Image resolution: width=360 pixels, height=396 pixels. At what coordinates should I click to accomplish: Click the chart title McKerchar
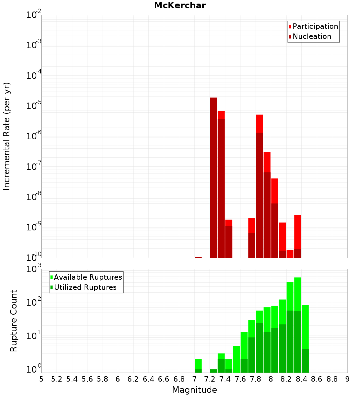click(180, 5)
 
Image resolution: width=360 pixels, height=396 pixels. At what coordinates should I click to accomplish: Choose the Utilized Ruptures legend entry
click(85, 287)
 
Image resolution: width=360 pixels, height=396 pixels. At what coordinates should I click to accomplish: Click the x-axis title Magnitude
click(194, 390)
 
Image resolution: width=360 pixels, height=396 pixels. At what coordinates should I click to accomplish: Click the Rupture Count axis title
click(14, 320)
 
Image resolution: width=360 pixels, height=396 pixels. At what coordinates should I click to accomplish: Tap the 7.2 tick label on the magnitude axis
click(210, 379)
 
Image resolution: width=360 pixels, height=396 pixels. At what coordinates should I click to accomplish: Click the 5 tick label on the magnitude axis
click(41, 379)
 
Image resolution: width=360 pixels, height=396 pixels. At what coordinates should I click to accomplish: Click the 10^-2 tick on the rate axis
click(34, 15)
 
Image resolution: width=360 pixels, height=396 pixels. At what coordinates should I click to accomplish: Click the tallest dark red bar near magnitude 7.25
click(213, 176)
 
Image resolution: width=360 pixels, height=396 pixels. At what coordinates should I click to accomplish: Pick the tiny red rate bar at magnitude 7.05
click(198, 257)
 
